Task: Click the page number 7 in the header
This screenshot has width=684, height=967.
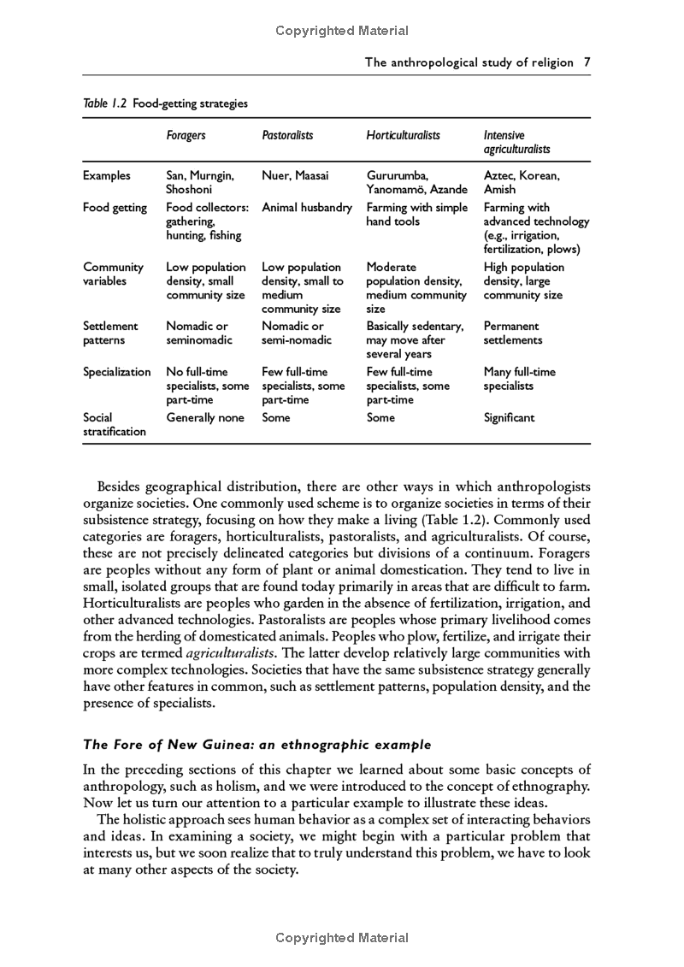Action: (x=587, y=62)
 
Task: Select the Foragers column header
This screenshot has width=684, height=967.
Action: (x=186, y=135)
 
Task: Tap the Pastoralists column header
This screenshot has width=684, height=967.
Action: (x=287, y=135)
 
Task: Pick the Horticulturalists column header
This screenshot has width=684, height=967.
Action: (x=403, y=135)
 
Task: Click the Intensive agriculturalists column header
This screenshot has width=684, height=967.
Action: (x=516, y=142)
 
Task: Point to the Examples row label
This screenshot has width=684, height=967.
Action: (x=107, y=175)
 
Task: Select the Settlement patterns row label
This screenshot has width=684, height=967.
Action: (x=110, y=333)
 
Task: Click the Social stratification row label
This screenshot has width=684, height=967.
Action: (x=115, y=425)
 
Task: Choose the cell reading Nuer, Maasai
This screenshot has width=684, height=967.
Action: (x=295, y=175)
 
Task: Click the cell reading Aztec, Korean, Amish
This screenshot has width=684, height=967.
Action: (x=522, y=182)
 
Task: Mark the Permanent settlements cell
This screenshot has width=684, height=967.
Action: (x=513, y=333)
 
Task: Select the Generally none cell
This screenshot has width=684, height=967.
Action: (x=205, y=418)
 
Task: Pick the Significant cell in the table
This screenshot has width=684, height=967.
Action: (x=509, y=418)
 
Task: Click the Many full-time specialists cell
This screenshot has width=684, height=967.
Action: (x=519, y=379)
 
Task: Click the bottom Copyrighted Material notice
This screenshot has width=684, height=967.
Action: (x=342, y=938)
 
